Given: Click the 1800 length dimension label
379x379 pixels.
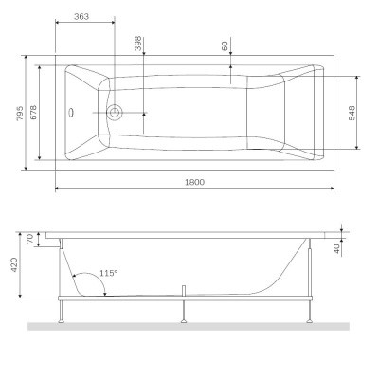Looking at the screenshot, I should (195, 181).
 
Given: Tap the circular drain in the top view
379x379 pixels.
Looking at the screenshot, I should (115, 113).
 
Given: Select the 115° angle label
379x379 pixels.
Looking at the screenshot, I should (108, 273).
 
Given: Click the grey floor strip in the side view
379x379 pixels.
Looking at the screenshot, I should (189, 326).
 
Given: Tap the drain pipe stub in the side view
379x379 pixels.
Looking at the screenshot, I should (182, 288).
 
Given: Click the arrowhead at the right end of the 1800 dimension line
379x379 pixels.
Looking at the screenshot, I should (331, 187).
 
